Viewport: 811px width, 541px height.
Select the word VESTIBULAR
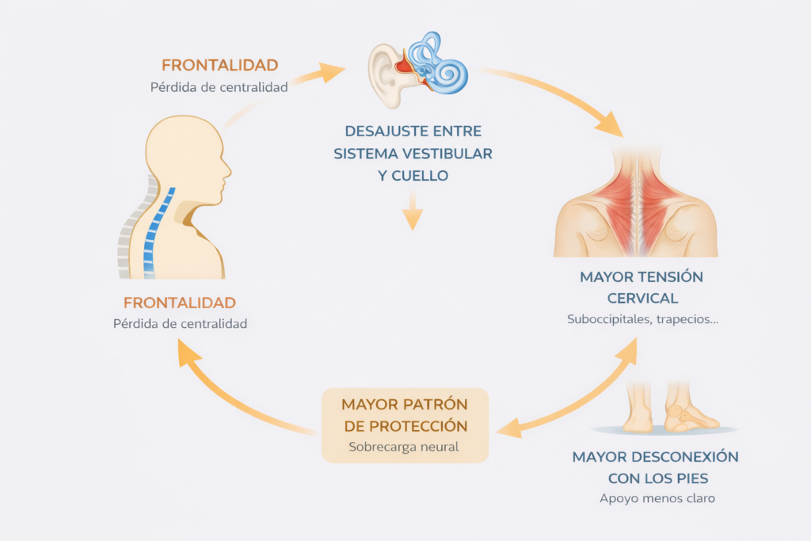click(454, 153)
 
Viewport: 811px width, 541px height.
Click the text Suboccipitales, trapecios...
click(642, 320)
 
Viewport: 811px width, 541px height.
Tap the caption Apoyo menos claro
click(657, 499)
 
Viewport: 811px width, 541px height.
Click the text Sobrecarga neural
click(404, 447)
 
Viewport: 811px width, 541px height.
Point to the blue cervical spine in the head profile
click(157, 230)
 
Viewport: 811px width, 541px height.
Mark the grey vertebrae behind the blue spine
click(128, 238)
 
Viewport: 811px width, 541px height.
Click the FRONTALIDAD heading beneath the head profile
click(180, 303)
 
